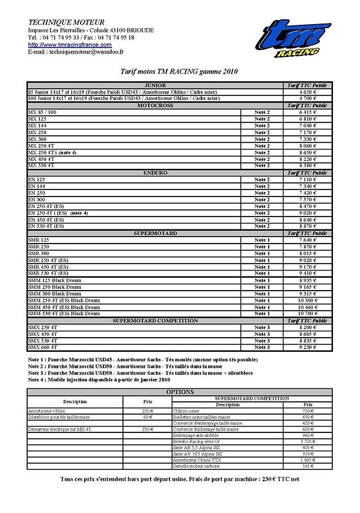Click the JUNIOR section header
coord(155,85)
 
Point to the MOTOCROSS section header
coord(155,105)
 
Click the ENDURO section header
coord(155,172)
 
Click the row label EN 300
coord(36,199)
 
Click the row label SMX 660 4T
coord(42,347)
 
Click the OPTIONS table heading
coord(179,391)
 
